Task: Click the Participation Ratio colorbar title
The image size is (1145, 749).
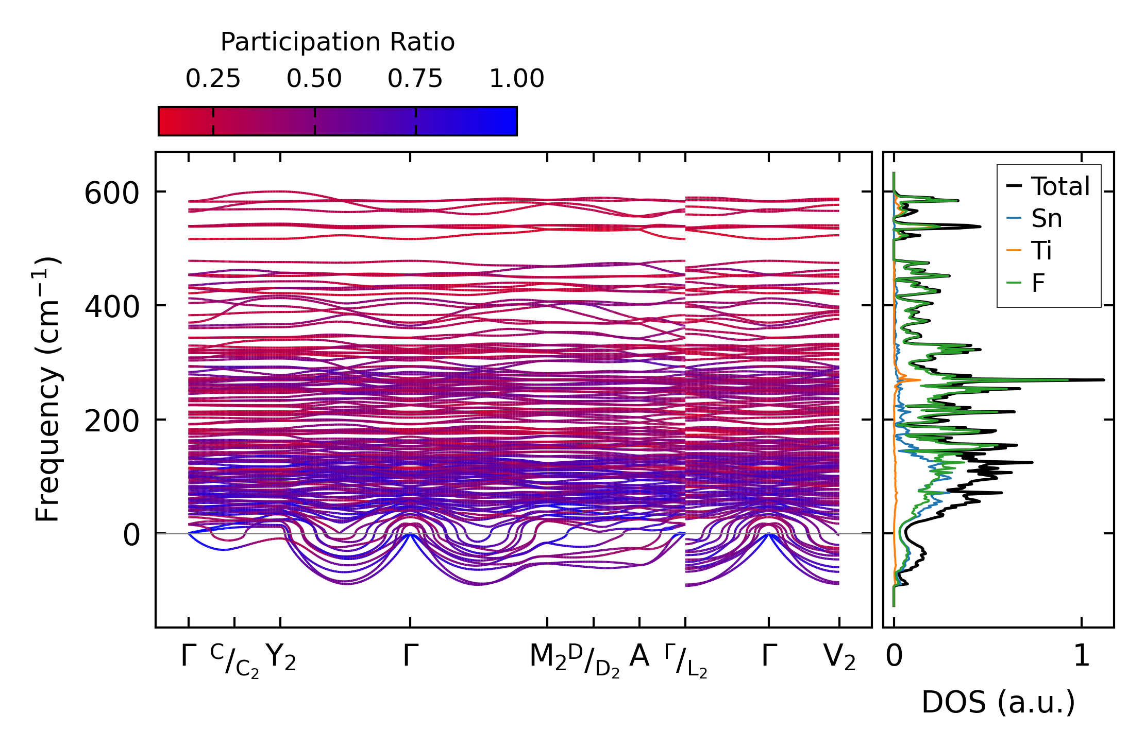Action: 338,42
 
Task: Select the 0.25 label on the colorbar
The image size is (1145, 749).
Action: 213,79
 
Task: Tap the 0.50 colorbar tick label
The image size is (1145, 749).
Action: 314,79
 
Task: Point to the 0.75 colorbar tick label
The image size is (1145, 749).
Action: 415,79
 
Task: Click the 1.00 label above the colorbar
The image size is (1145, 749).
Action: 516,79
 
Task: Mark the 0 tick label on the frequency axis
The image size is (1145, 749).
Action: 131,535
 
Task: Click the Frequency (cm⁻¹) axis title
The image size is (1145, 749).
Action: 47,389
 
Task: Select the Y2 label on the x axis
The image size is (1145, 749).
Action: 281,657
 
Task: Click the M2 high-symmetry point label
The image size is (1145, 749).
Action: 548,657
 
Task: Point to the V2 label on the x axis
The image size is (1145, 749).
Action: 839,657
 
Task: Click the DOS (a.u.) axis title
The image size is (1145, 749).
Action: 998,703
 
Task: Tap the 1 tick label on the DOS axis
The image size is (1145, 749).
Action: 1082,656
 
